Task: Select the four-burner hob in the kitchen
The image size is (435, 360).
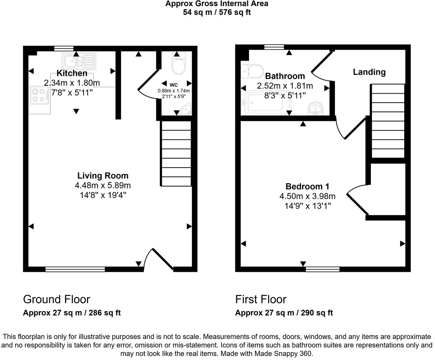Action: pyautogui.click(x=40, y=94)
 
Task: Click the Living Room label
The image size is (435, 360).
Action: pyautogui.click(x=103, y=176)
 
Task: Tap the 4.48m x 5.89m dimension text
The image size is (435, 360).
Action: pyautogui.click(x=103, y=185)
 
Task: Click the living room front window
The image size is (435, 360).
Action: pyautogui.click(x=75, y=269)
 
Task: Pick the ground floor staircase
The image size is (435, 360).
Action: pyautogui.click(x=176, y=154)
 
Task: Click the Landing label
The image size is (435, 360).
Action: pyautogui.click(x=369, y=72)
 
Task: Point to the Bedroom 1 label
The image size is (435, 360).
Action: pyautogui.click(x=307, y=187)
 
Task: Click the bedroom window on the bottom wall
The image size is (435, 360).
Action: pyautogui.click(x=322, y=269)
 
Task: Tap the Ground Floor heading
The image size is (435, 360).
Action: pyautogui.click(x=57, y=299)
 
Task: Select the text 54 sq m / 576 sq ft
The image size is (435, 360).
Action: pyautogui.click(x=217, y=12)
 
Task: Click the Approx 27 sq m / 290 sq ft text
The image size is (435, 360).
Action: pyautogui.click(x=284, y=312)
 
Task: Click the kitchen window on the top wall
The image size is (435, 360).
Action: pyautogui.click(x=63, y=48)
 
